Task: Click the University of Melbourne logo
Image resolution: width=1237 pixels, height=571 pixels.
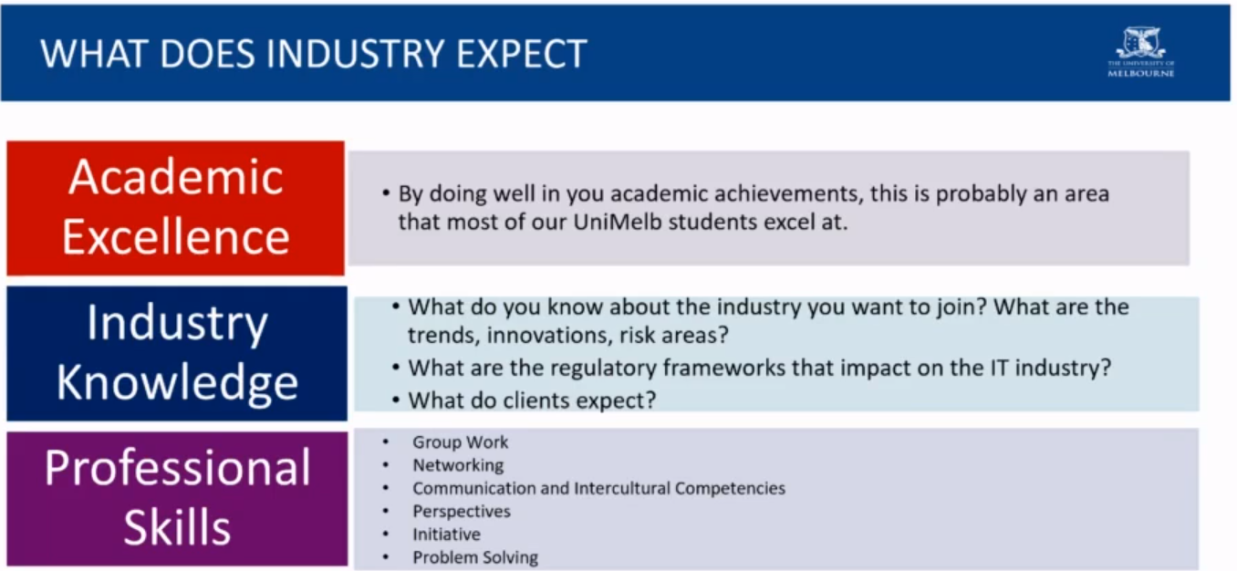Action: tap(1141, 52)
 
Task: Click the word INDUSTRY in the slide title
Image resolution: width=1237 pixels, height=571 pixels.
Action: tap(356, 54)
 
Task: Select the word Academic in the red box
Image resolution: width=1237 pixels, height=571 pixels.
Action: tap(176, 177)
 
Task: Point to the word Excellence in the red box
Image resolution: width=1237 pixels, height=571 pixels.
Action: tap(176, 236)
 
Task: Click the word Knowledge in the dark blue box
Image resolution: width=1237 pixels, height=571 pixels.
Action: tap(177, 382)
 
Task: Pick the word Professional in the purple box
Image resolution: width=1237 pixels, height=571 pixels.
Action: tap(177, 468)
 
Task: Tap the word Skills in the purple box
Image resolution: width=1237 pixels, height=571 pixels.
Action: tap(177, 527)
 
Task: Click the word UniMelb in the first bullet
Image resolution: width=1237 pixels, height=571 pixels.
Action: tap(618, 222)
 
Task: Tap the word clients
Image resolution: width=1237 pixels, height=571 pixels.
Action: tap(535, 400)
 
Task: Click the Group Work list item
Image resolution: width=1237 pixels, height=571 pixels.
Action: tap(461, 441)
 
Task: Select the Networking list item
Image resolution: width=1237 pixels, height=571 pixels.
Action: tap(458, 465)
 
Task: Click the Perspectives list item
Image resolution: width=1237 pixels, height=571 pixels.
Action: tap(462, 512)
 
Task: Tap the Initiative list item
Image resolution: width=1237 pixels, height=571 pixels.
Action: tap(447, 535)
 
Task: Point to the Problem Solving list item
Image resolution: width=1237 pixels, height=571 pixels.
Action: tap(475, 557)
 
